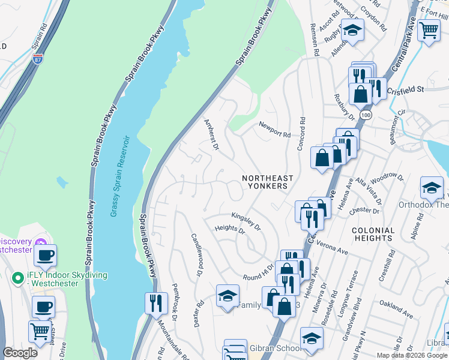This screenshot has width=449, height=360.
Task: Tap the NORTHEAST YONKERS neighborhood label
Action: coord(268,182)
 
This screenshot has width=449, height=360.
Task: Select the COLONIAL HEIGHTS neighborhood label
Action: coord(373,234)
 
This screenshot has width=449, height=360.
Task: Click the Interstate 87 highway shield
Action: coord(37,59)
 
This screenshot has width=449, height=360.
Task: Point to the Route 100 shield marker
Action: coord(365,114)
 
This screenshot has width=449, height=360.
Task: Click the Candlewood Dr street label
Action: coord(195,255)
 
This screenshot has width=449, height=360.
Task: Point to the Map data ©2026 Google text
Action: coord(412,355)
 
